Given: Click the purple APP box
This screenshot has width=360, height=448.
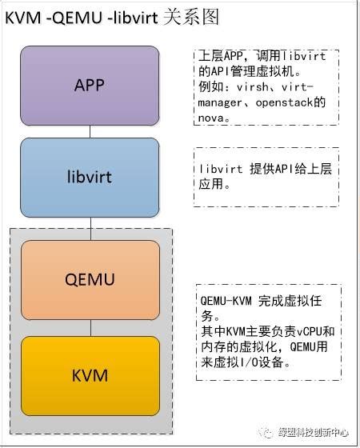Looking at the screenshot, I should [90, 85].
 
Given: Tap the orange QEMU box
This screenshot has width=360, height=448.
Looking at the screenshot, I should [90, 279].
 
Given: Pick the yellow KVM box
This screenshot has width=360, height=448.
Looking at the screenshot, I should [90, 374].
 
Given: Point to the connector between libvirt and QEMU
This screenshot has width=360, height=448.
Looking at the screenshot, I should [90, 228].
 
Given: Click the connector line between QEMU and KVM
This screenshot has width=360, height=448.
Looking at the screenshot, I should [90, 327].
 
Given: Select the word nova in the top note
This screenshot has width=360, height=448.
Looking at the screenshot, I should [211, 117].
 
